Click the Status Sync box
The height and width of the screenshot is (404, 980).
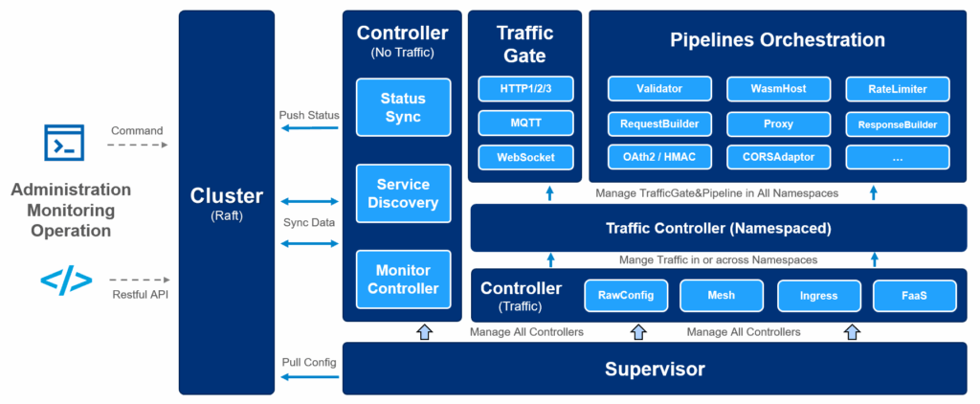click(x=403, y=107)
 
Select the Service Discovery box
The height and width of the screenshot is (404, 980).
click(x=403, y=193)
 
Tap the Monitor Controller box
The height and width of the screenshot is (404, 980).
click(x=403, y=279)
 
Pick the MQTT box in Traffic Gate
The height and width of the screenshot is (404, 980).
click(x=524, y=123)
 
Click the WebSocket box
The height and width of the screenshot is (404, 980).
click(x=524, y=157)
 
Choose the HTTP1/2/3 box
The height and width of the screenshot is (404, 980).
click(x=524, y=89)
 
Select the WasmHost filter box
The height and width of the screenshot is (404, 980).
click(x=778, y=89)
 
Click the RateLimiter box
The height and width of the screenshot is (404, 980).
click(x=897, y=89)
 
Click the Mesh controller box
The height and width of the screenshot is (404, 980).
click(x=722, y=295)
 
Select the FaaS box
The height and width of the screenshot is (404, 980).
click(x=914, y=295)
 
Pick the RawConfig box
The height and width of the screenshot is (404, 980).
click(x=625, y=295)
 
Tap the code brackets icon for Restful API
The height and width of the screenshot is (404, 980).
click(x=66, y=281)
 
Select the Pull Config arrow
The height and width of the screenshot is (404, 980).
click(x=309, y=378)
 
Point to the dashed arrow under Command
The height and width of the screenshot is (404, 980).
click(x=137, y=146)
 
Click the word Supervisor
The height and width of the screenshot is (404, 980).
click(x=655, y=370)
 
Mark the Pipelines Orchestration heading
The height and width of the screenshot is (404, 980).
click(x=776, y=40)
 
